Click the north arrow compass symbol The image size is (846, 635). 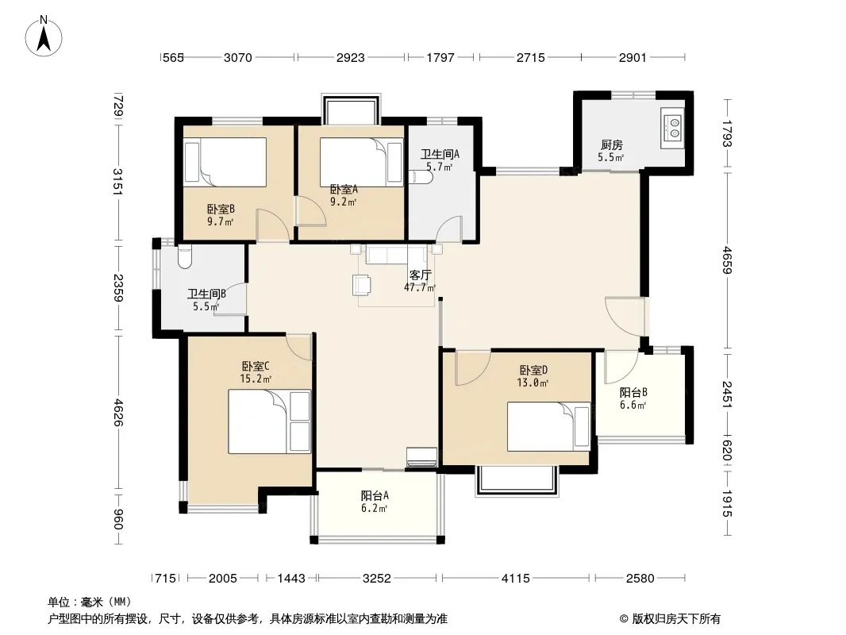(x=44, y=36)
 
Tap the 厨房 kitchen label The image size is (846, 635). (x=611, y=144)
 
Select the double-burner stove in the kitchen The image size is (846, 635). (x=672, y=128)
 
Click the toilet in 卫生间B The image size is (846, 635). (x=185, y=257)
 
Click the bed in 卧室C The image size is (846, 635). (x=269, y=421)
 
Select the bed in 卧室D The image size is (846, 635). (x=548, y=426)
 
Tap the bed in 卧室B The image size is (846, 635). (x=225, y=162)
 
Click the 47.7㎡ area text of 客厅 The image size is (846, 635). (x=419, y=287)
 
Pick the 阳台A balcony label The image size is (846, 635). (x=375, y=495)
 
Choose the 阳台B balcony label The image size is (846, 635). (x=633, y=392)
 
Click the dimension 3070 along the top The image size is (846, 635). (x=238, y=57)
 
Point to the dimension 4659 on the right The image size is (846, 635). (x=727, y=260)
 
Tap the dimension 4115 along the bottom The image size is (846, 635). (x=516, y=579)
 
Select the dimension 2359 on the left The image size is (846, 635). (x=118, y=288)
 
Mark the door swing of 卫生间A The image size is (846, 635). (x=449, y=229)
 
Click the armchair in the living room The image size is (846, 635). (x=362, y=285)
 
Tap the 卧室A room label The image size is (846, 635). (x=344, y=190)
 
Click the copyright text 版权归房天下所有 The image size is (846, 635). (x=676, y=619)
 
